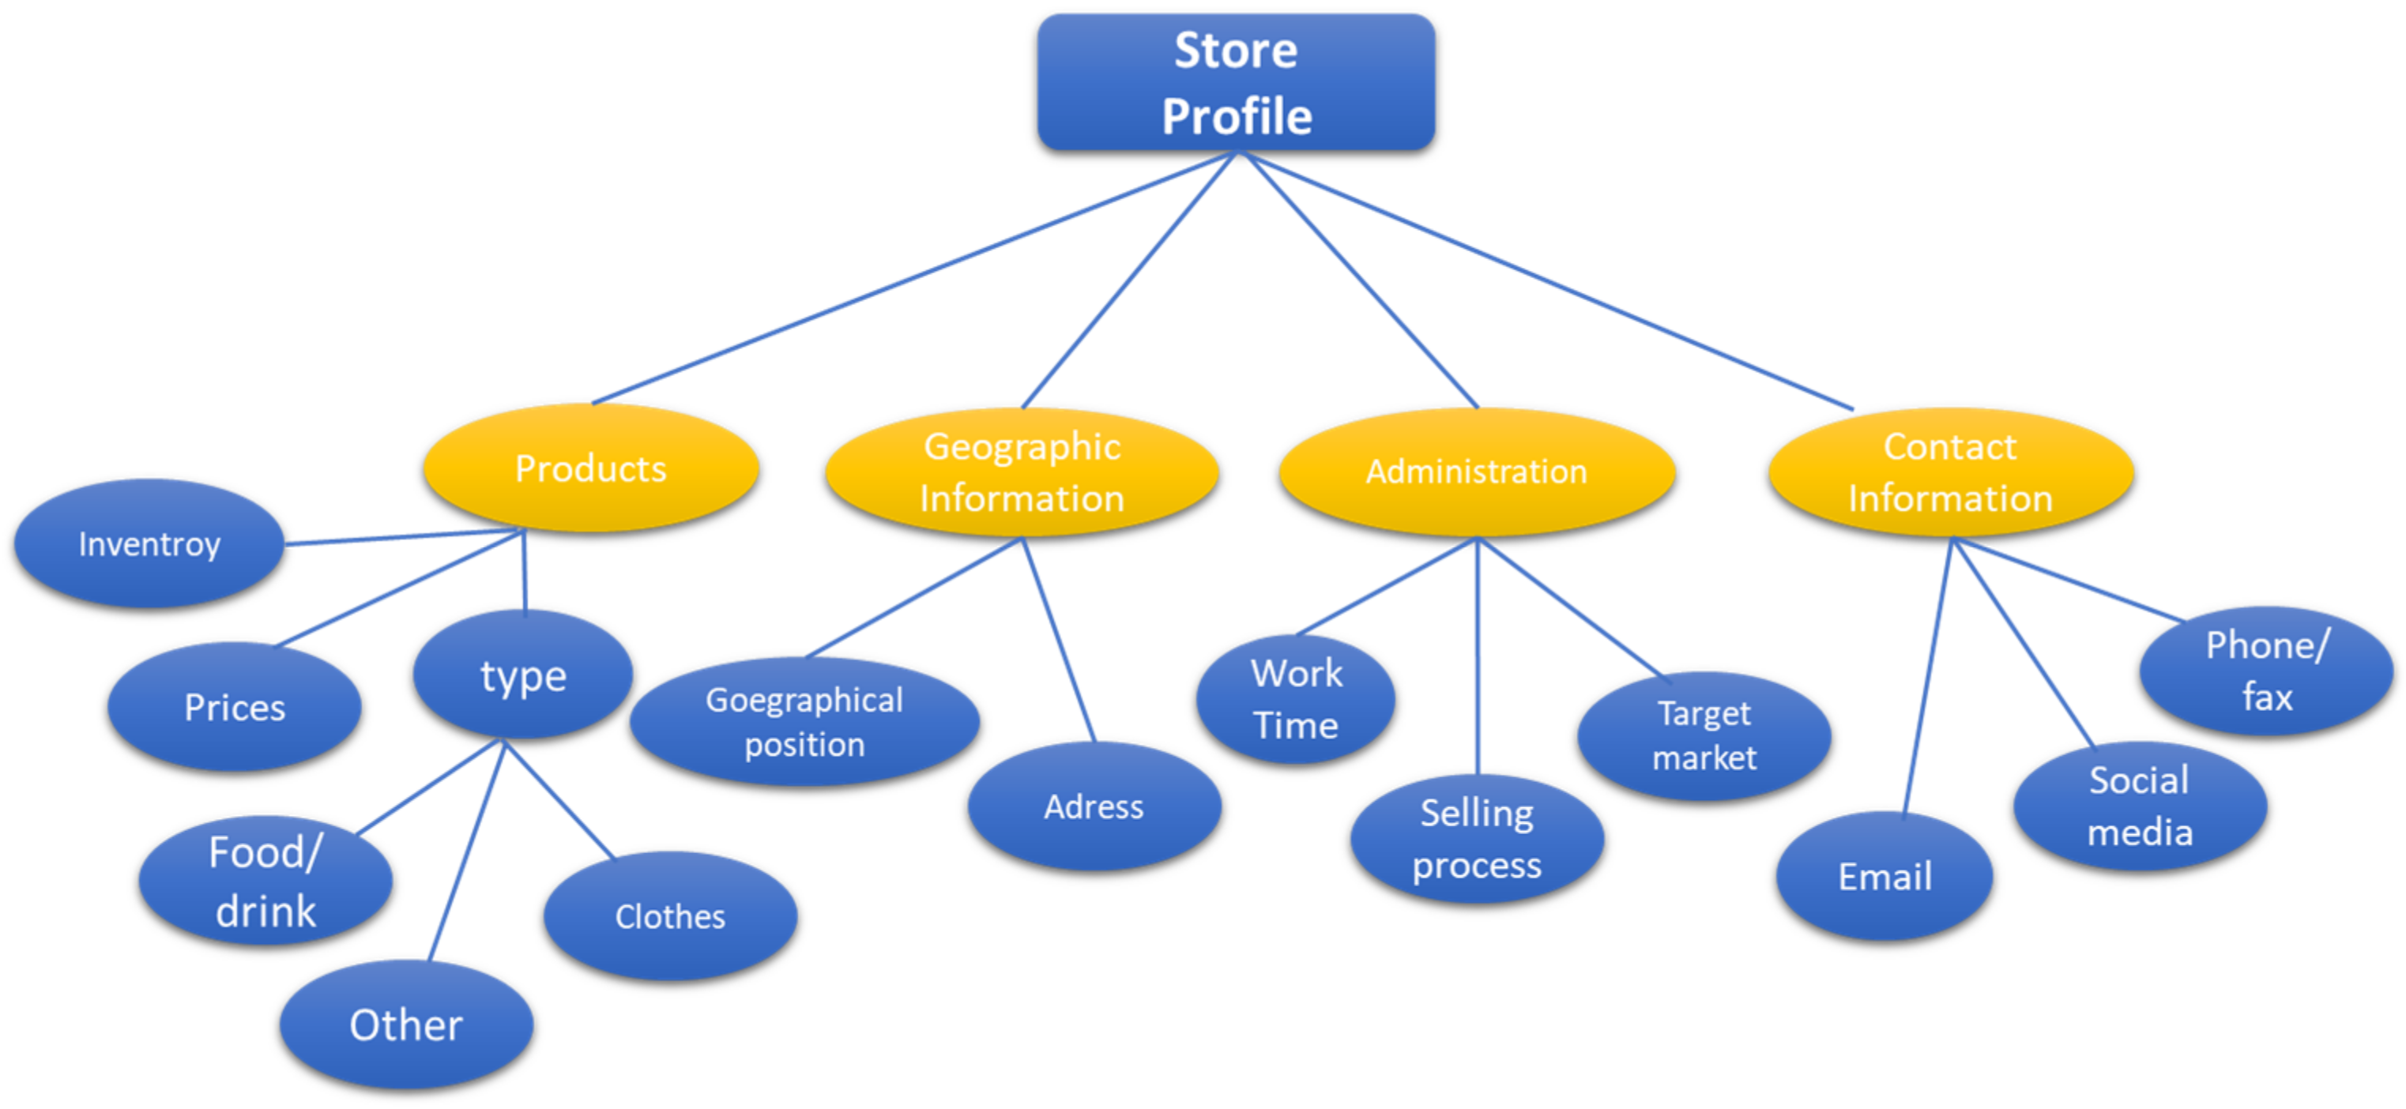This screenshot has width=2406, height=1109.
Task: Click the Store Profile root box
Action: tap(1236, 82)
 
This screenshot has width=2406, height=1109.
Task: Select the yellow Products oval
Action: tap(590, 468)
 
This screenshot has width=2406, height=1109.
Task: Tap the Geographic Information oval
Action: tap(1022, 472)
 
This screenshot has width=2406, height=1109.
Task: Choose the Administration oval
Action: tap(1477, 472)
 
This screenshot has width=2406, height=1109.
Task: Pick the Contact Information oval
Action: tap(1950, 472)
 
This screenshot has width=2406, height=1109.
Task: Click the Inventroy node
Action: tap(149, 543)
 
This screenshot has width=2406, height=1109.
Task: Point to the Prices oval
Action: tap(235, 707)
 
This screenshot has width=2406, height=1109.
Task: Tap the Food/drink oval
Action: tap(265, 880)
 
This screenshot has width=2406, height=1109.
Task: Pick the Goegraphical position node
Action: tap(804, 722)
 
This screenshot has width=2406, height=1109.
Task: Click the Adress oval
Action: tap(1094, 806)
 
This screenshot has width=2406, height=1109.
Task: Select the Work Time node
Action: tap(1296, 699)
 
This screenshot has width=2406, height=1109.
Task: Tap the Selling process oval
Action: tap(1477, 838)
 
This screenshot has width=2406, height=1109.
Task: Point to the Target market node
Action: tap(1704, 735)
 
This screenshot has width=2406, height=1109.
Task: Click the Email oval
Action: tap(1885, 876)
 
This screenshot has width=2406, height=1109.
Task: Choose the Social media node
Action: tap(2139, 806)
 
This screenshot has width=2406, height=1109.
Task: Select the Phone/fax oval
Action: tap(2266, 671)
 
